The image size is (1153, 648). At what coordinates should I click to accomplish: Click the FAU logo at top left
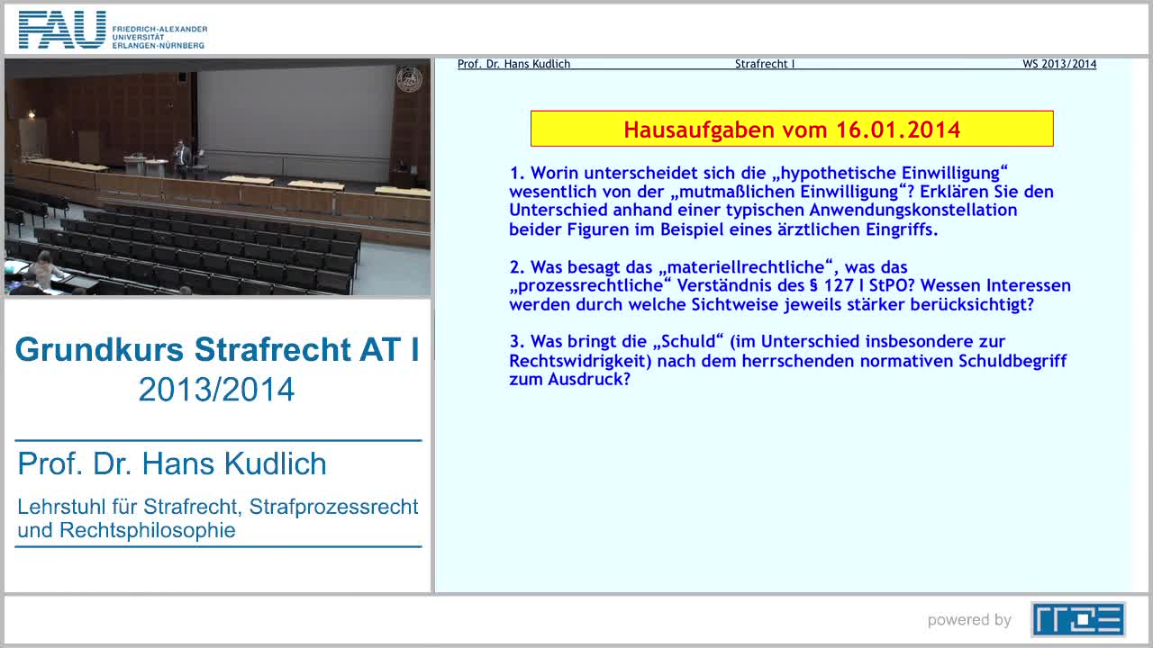[x=63, y=30]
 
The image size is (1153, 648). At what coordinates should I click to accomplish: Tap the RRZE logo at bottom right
[x=1077, y=619]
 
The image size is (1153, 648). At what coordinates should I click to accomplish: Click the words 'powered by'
[x=969, y=620]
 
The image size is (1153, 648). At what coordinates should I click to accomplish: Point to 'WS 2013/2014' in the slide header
[x=1059, y=64]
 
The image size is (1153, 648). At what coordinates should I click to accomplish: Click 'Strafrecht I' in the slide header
[x=764, y=64]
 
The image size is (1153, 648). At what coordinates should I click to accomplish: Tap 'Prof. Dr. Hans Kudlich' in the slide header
[x=513, y=64]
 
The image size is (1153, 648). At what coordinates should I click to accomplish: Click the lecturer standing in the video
[x=181, y=155]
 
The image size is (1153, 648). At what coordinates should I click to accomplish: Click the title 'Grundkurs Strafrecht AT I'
[x=217, y=349]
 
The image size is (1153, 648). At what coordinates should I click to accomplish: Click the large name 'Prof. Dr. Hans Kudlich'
[x=172, y=464]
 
